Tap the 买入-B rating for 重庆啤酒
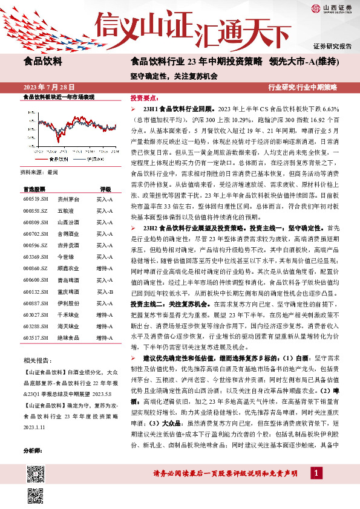[105, 292]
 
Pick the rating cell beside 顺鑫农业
[105, 250]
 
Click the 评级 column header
[105, 189]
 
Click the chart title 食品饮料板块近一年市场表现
[58, 97]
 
